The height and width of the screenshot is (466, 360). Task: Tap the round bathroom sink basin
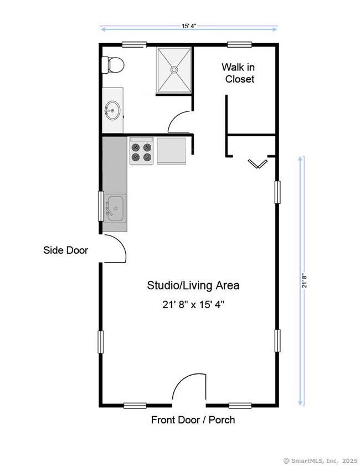(112, 110)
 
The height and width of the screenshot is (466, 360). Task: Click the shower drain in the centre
(174, 69)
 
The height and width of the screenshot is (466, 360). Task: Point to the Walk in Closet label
(238, 73)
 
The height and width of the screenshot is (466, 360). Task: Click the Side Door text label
(66, 250)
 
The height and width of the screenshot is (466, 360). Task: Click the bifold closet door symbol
(258, 163)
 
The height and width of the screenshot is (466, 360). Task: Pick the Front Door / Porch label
(193, 419)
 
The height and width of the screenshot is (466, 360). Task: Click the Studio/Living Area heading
(193, 285)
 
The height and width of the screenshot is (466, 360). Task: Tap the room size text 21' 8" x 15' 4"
(193, 305)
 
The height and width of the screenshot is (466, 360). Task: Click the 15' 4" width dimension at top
(189, 26)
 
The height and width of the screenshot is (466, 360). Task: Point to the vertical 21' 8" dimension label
(305, 280)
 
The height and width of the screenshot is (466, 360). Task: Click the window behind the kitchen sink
(101, 206)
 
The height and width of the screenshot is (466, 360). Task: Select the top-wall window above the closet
(239, 44)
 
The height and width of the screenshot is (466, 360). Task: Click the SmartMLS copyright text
(320, 460)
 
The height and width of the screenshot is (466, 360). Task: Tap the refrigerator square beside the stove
(172, 151)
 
